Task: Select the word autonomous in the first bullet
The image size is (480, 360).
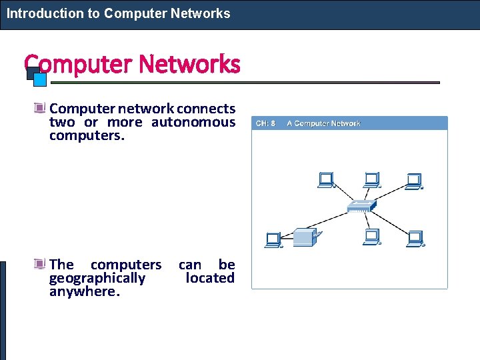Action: click(x=193, y=122)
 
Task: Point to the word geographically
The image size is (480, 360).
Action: click(x=97, y=278)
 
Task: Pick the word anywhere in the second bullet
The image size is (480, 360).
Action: click(x=84, y=292)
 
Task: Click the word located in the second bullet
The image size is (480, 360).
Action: click(x=210, y=278)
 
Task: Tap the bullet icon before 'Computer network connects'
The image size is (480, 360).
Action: click(x=41, y=108)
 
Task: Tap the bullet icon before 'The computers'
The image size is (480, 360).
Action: click(x=41, y=264)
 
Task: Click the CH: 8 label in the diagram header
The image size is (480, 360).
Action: click(x=265, y=123)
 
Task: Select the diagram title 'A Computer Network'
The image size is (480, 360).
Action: click(x=323, y=123)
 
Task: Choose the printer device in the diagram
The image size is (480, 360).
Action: click(x=306, y=237)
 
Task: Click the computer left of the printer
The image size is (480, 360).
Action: click(x=273, y=239)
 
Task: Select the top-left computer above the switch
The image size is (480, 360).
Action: click(x=326, y=180)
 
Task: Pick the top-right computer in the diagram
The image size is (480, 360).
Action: click(x=414, y=181)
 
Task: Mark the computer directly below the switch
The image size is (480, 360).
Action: click(x=371, y=237)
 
